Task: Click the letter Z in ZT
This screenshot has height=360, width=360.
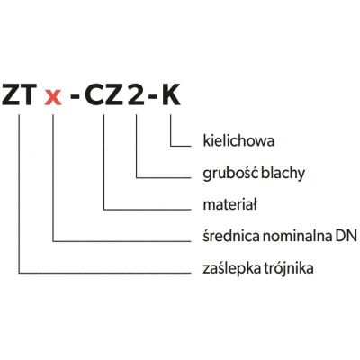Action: coord(10,94)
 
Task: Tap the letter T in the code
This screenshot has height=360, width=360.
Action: coord(29,94)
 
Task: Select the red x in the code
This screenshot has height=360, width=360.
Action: coord(53,98)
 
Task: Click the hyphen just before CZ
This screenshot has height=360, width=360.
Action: coord(74,97)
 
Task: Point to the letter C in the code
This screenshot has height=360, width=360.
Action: coord(94,94)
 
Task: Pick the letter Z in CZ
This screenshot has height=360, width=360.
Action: coord(114,94)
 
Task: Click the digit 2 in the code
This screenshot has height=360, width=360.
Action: coord(136,94)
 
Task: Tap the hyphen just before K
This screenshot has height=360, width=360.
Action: coord(153,97)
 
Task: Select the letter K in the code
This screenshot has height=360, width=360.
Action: coord(171,94)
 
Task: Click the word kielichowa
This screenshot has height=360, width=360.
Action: coord(238,140)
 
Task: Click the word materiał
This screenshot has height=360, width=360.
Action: coord(230,205)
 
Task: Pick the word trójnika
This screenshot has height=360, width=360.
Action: coord(289,268)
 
